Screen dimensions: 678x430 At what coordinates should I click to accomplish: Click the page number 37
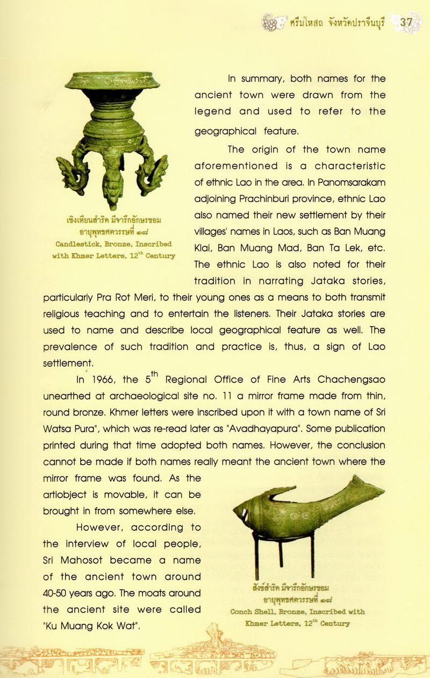pyautogui.click(x=406, y=22)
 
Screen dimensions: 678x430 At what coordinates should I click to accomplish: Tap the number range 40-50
pyautogui.click(x=59, y=594)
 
